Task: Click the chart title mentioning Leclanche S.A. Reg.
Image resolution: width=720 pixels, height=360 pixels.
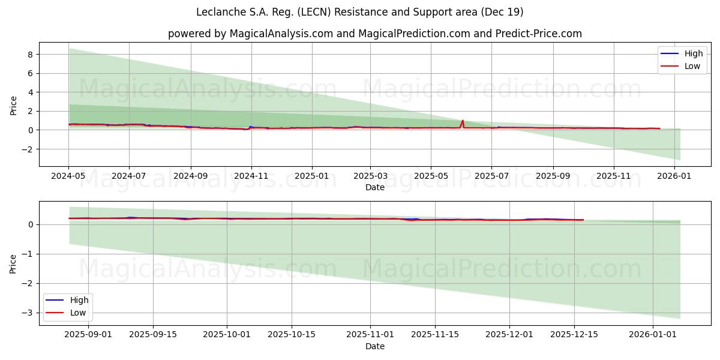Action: coord(359,12)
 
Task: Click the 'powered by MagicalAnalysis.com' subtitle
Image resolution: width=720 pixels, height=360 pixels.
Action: coord(374,34)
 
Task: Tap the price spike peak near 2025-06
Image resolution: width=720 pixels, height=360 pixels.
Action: coord(463,121)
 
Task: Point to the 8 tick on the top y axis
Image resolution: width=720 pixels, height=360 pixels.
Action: coord(28,54)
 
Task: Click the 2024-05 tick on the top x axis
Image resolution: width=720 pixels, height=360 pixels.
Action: coord(69,177)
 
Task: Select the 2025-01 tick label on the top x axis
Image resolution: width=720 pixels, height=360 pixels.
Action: coord(312,177)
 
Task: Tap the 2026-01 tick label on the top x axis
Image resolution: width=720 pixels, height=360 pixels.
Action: coord(674,177)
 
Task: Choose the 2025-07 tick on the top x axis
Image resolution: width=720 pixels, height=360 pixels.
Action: coord(491,177)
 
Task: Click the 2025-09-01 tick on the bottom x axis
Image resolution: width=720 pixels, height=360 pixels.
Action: coord(88,335)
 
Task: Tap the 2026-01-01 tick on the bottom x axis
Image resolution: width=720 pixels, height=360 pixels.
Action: coord(652,335)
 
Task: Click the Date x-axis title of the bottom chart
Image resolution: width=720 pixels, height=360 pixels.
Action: coord(375,346)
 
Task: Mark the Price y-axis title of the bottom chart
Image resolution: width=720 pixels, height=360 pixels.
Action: coord(14,263)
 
